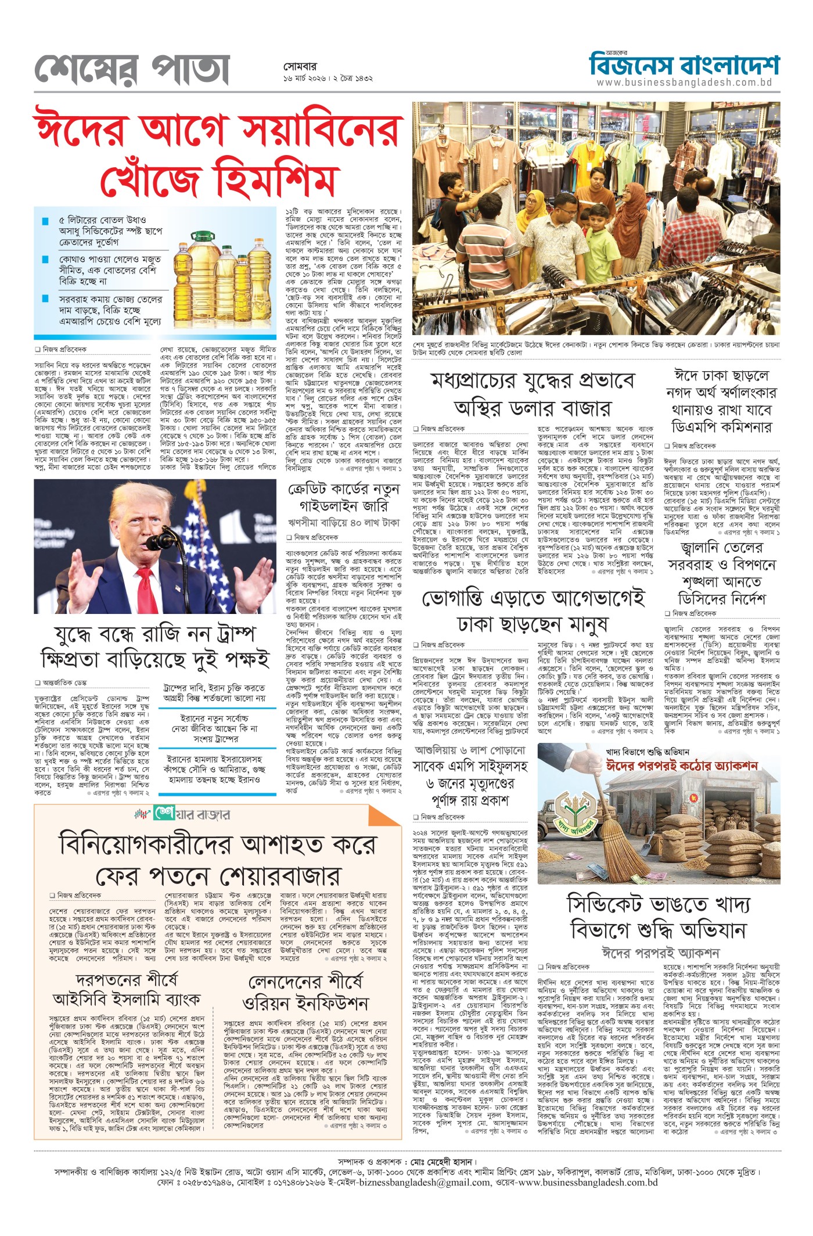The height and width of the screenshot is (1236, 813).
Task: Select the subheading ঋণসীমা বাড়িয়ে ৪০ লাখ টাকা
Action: click(344, 522)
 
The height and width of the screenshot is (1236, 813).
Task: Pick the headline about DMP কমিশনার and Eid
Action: click(721, 401)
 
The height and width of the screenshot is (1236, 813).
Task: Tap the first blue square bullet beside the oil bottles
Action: click(45, 221)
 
